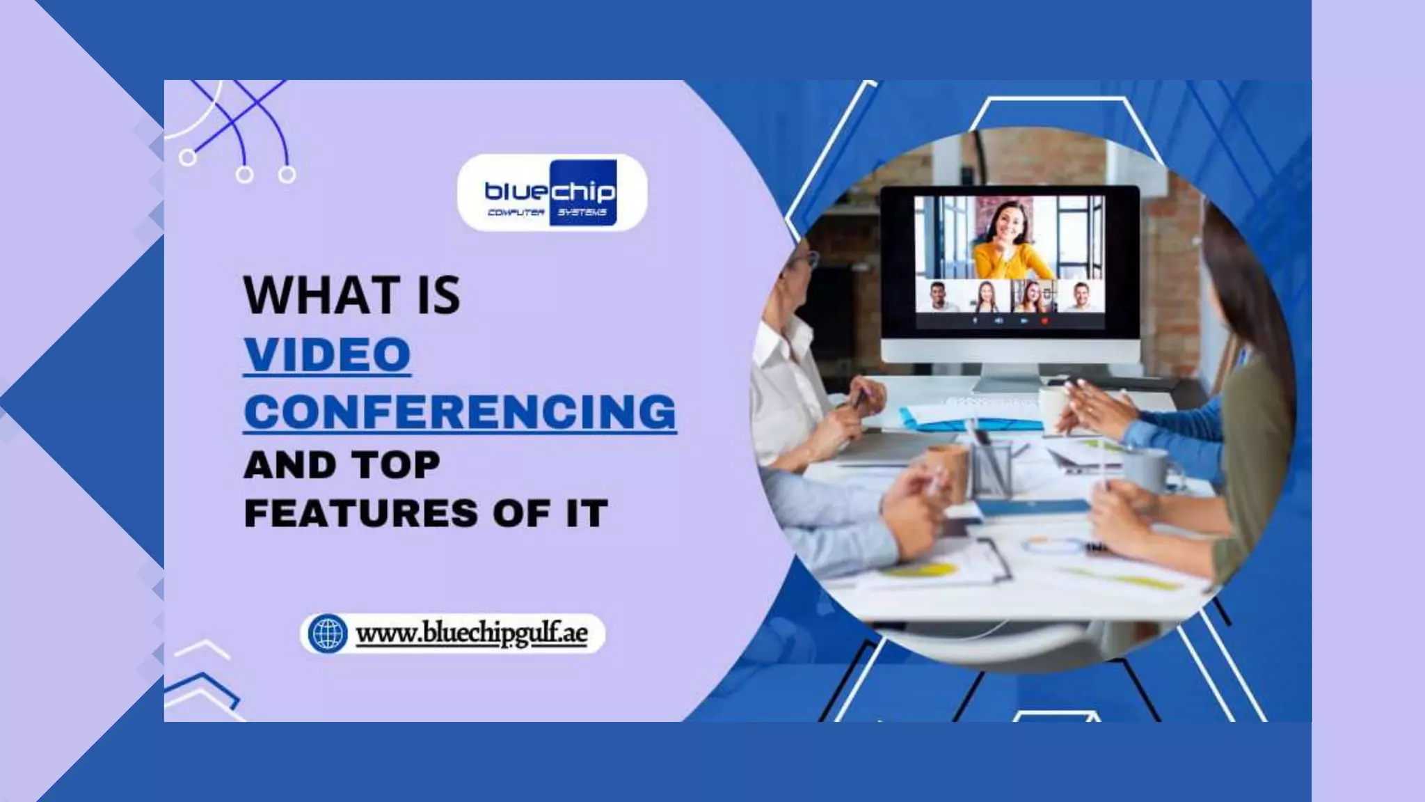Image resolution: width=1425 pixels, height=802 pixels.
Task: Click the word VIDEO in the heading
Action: (x=327, y=354)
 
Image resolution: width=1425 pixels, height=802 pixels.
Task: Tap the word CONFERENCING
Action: (x=460, y=411)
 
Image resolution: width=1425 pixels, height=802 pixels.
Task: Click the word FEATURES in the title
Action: (x=361, y=514)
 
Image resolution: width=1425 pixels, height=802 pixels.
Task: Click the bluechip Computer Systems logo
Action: (x=551, y=193)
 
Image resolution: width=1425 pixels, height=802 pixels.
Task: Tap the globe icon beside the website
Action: (x=327, y=634)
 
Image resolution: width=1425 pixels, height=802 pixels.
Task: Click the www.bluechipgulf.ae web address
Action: (x=471, y=634)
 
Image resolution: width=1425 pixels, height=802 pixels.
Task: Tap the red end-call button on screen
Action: (x=1044, y=321)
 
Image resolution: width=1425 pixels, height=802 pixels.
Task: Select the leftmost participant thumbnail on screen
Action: (x=939, y=297)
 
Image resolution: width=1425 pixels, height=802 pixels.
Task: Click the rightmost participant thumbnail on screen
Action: (x=1081, y=297)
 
